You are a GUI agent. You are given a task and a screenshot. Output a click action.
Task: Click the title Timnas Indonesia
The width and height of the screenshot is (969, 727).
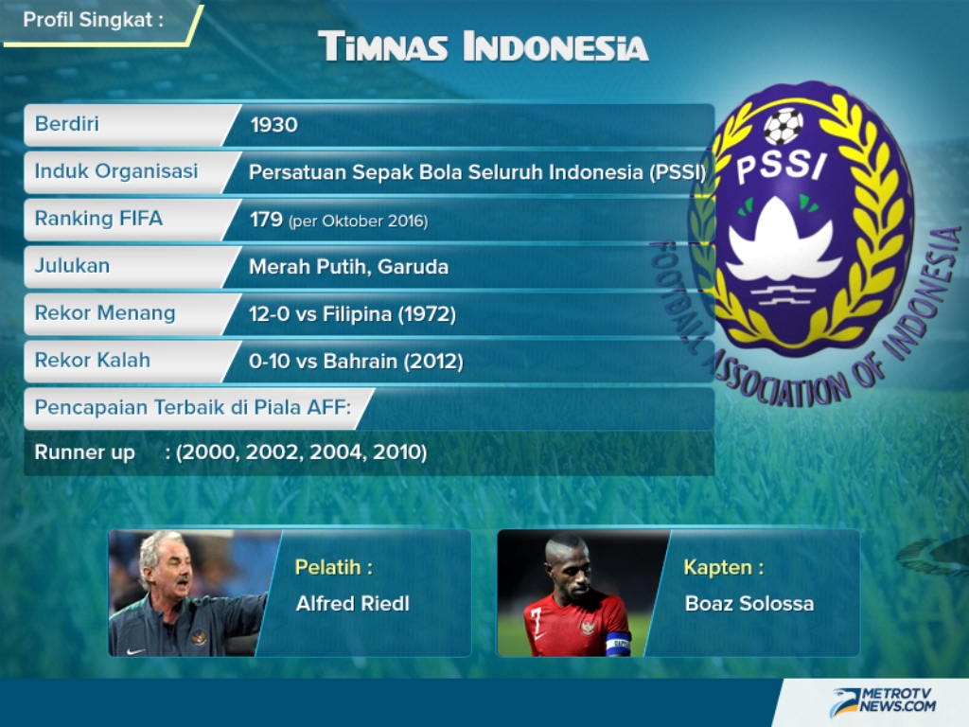pos(484,47)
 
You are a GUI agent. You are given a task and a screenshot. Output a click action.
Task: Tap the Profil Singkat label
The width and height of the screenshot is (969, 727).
pos(93,20)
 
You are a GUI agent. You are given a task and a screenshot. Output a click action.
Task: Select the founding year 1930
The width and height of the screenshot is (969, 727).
pos(273,125)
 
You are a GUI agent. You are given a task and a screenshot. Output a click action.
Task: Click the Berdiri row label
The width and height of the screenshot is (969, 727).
pos(67,124)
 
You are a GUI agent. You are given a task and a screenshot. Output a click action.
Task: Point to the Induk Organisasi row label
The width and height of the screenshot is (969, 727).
pos(116,171)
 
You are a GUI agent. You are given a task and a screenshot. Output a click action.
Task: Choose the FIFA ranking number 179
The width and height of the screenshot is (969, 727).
pos(266,220)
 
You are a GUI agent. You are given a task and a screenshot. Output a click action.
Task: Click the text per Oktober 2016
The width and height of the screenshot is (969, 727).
pos(358,222)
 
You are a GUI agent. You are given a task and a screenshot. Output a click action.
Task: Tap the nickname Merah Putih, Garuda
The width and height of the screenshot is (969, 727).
pos(348,266)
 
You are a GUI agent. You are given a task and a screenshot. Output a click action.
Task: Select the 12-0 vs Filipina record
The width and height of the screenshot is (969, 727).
pos(352,314)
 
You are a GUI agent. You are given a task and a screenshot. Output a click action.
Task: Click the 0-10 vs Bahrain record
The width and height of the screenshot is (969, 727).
pos(356,361)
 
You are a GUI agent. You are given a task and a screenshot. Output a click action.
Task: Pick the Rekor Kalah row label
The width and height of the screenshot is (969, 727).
pos(93,360)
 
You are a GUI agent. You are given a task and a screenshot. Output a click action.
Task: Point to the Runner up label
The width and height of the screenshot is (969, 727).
pos(84,452)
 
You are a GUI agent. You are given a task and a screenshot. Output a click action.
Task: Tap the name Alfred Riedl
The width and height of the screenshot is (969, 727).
pos(353,603)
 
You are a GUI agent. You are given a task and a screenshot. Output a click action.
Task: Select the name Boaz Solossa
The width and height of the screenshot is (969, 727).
pos(749,603)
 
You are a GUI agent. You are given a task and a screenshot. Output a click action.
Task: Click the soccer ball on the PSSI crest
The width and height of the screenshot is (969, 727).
pos(784,126)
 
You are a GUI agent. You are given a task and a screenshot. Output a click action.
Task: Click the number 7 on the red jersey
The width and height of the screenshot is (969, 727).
pos(536,619)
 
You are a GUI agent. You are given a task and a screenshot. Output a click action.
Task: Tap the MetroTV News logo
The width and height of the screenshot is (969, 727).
pos(884,701)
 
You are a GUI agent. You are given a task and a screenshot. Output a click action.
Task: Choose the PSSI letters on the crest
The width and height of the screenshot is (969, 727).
pos(781,166)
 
